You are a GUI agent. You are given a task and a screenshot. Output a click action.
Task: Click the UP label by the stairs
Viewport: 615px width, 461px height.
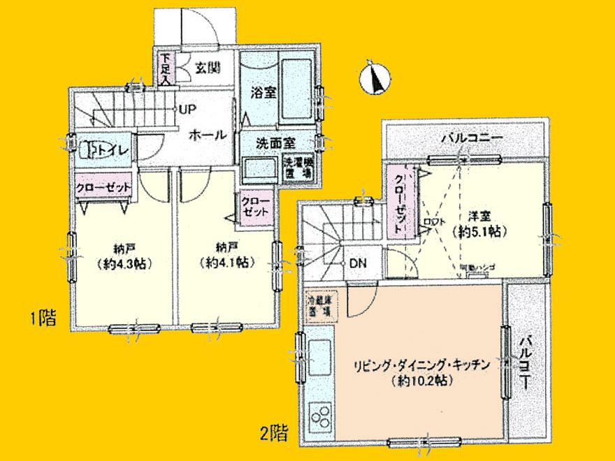[187, 109]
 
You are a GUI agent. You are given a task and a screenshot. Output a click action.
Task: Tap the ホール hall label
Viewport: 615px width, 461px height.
[207, 135]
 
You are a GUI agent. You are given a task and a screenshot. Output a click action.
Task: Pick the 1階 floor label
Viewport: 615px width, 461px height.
[42, 320]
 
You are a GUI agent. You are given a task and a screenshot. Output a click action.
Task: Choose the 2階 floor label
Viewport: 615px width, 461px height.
[274, 434]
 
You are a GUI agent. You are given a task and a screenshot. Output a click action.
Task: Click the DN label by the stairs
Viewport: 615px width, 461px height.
[357, 264]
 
